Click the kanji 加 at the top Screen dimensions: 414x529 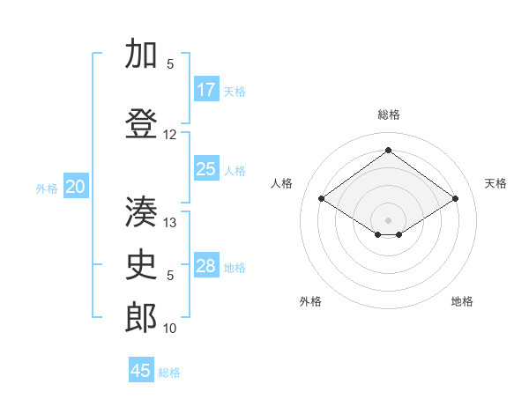click(142, 55)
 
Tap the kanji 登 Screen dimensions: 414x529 click(142, 123)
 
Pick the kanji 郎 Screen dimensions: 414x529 click(142, 317)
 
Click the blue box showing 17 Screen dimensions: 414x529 click(206, 90)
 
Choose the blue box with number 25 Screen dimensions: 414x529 click(206, 169)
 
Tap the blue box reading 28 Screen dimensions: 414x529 click(206, 266)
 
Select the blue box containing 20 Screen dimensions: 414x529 click(76, 187)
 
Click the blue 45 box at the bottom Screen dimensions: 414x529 click(141, 371)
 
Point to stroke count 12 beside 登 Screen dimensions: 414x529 click(170, 135)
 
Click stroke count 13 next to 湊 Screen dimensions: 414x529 click(171, 223)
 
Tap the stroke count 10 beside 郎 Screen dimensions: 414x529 click(170, 329)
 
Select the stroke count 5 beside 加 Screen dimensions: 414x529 click(170, 64)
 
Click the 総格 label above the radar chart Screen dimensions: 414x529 click(389, 115)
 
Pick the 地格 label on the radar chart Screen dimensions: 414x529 click(462, 301)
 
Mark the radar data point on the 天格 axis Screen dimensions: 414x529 click(455, 199)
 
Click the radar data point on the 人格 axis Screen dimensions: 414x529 click(322, 199)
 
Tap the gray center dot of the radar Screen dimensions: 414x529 click(388, 218)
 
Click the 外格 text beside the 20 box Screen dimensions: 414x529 click(47, 188)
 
